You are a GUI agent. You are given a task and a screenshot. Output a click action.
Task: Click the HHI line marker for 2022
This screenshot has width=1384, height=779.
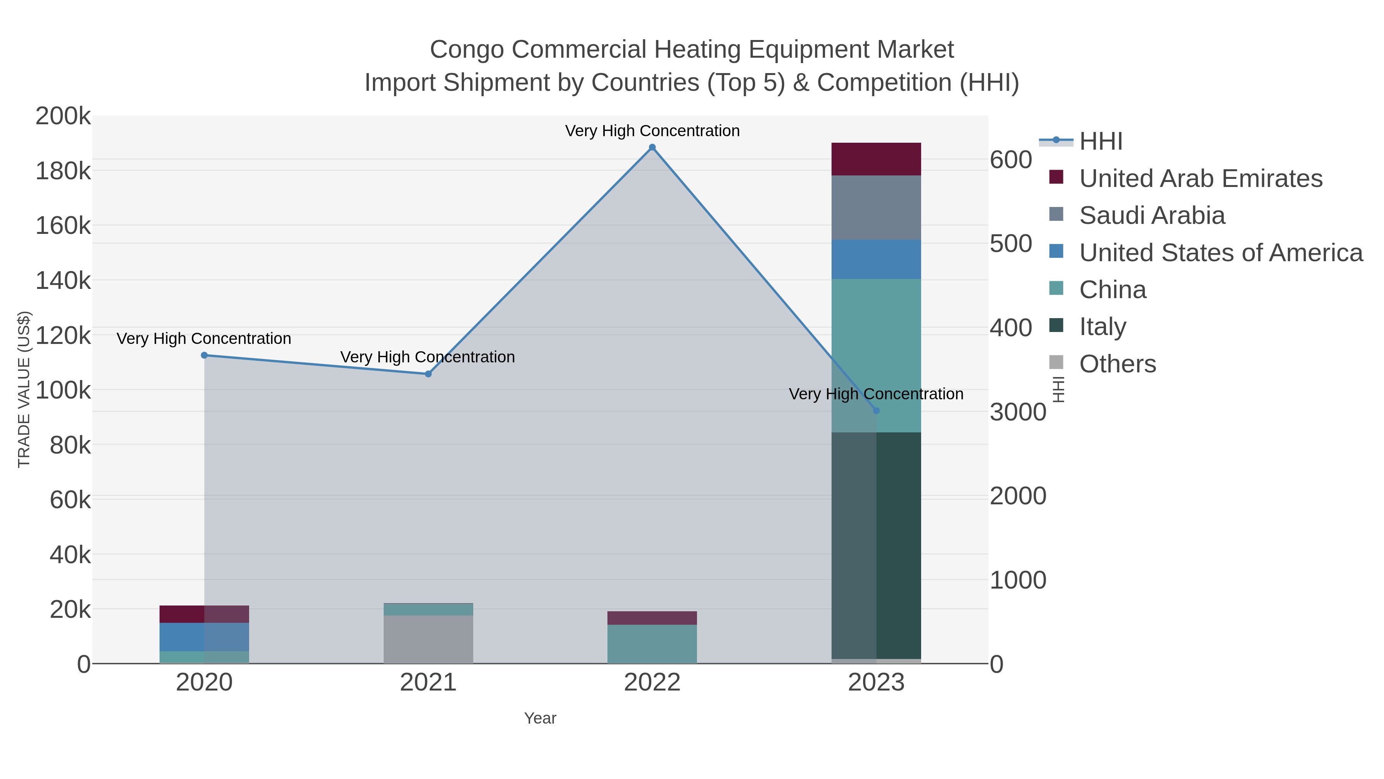point(652,147)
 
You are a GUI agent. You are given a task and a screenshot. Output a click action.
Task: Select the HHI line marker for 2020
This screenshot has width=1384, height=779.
point(204,355)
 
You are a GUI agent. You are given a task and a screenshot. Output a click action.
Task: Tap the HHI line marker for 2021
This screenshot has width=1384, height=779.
point(428,374)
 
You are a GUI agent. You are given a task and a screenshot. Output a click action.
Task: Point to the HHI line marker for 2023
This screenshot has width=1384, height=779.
point(876,411)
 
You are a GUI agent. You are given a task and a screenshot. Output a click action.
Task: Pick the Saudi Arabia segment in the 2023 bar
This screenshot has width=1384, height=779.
point(876,207)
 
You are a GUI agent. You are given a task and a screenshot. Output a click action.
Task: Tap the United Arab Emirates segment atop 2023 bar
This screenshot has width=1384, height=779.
point(876,159)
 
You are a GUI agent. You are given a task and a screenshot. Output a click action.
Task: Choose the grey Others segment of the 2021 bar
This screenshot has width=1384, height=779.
point(428,639)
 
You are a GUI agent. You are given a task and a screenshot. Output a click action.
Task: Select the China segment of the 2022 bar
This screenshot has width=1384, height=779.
point(652,644)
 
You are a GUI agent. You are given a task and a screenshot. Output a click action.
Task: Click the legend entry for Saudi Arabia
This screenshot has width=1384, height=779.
point(1151,215)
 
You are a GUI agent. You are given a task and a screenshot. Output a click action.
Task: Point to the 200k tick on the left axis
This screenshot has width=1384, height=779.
point(63,116)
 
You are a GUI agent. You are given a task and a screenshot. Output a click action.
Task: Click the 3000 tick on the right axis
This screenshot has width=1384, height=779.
point(1018,412)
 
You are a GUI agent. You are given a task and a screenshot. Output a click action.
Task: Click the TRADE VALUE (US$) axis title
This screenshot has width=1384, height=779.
point(24,389)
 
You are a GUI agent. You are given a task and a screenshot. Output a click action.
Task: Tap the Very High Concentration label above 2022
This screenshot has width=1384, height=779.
point(652,131)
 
